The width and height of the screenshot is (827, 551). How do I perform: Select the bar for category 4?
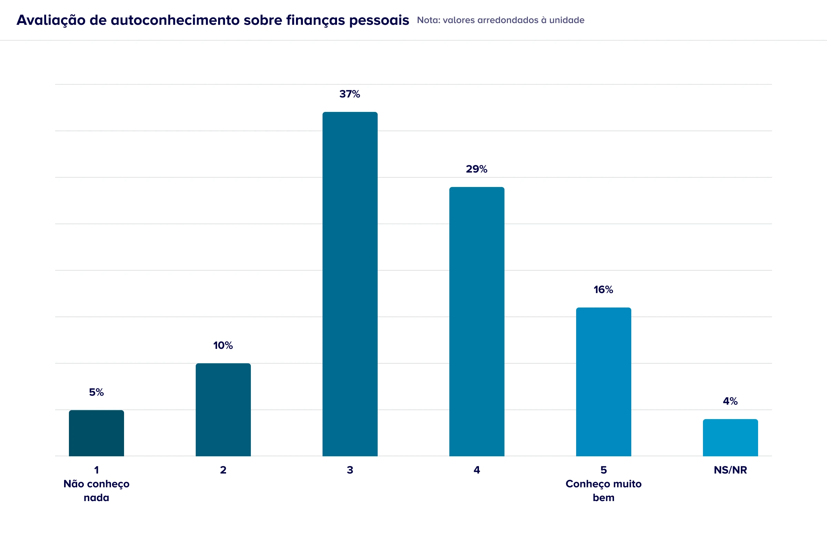click(477, 322)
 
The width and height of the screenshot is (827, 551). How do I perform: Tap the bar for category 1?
click(96, 433)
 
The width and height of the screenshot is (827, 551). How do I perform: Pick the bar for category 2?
click(223, 410)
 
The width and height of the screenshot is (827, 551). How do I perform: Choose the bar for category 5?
click(603, 382)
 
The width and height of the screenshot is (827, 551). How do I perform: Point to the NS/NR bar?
click(730, 437)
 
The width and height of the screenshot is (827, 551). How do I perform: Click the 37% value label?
click(349, 94)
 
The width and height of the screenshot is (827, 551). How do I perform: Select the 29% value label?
click(477, 169)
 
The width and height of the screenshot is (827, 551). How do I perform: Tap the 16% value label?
click(603, 290)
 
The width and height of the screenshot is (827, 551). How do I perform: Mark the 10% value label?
click(223, 345)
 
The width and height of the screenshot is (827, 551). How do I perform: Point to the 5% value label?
click(96, 392)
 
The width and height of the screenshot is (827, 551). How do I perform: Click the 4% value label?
click(730, 401)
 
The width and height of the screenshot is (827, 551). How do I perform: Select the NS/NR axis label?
click(730, 470)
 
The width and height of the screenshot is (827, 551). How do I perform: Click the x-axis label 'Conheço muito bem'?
click(603, 490)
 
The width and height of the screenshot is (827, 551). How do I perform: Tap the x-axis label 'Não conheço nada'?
click(96, 490)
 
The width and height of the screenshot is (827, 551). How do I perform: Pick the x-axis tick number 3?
click(350, 470)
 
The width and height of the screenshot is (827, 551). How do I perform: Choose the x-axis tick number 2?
click(223, 470)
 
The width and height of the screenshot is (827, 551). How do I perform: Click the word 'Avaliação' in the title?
click(51, 20)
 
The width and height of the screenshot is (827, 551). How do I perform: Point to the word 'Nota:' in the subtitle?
click(429, 20)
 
